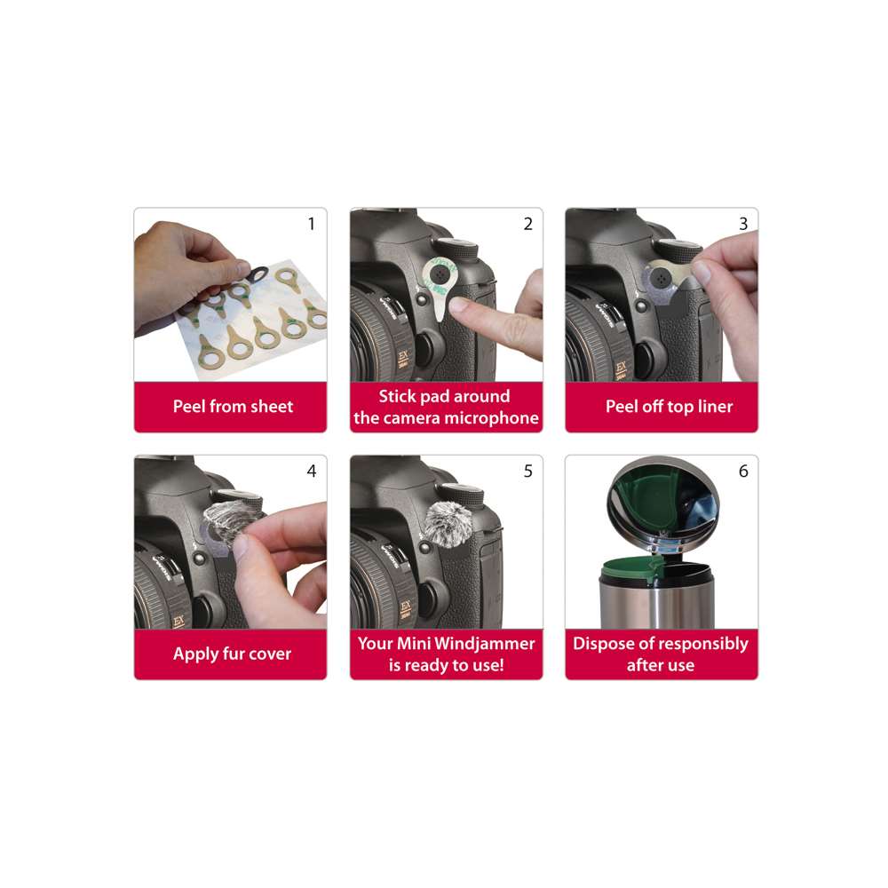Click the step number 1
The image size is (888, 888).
click(x=312, y=224)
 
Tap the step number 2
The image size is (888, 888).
click(x=527, y=224)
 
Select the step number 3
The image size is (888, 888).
click(x=743, y=224)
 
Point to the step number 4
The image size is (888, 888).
click(x=312, y=471)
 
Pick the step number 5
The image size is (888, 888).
click(x=527, y=471)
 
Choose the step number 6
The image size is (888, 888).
click(x=743, y=471)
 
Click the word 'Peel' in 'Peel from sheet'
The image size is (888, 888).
click(x=189, y=406)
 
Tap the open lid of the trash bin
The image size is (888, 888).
click(x=663, y=504)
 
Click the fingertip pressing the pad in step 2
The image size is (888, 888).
click(x=460, y=306)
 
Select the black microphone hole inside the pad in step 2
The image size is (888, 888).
click(x=440, y=274)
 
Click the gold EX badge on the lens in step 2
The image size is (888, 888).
click(x=403, y=359)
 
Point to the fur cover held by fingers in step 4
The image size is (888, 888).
click(x=225, y=521)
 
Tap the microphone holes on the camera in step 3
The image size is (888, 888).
click(x=661, y=278)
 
